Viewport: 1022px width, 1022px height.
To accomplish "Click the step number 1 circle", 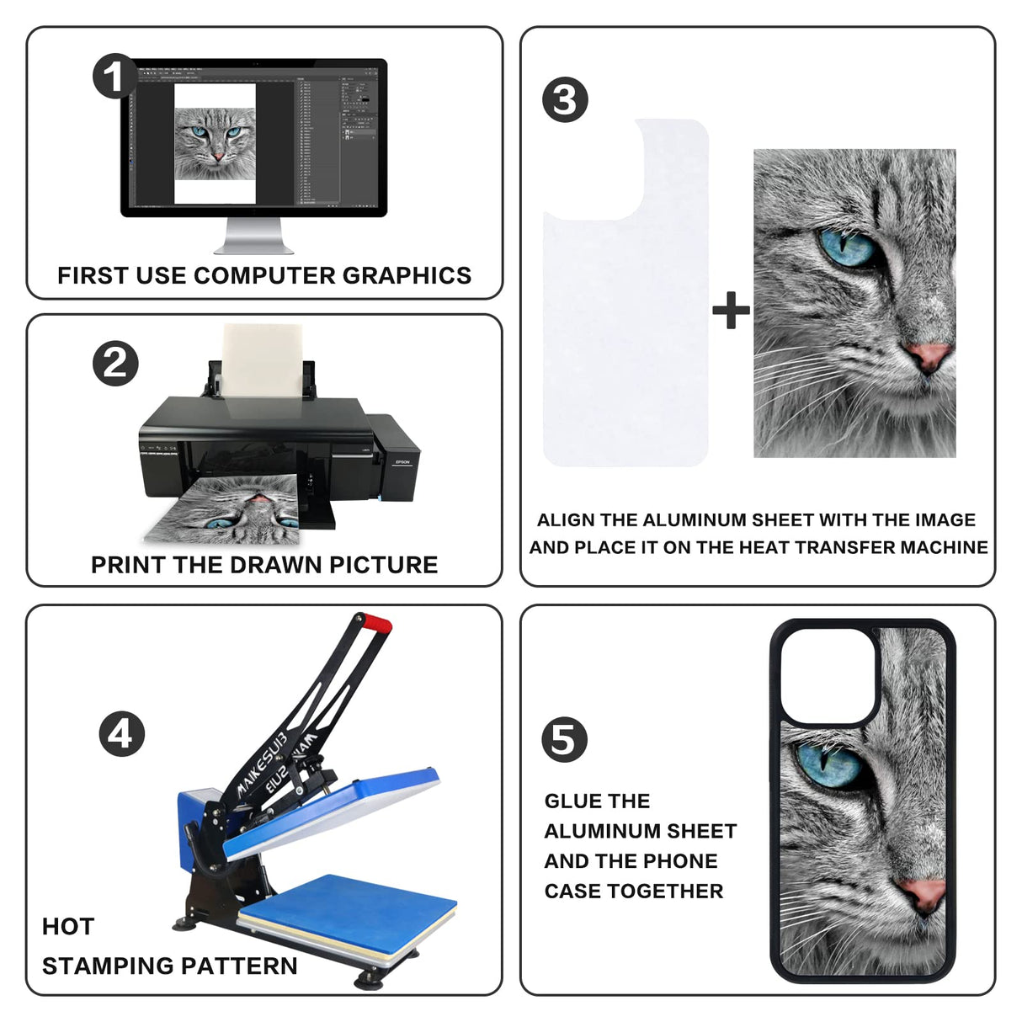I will click(x=114, y=77).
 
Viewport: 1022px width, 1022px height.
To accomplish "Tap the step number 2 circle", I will click(x=115, y=364).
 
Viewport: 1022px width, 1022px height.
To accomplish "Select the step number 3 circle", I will click(x=565, y=100).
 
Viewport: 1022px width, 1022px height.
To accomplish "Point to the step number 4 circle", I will click(x=122, y=734).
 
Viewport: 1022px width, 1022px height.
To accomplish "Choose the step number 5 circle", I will click(x=564, y=740).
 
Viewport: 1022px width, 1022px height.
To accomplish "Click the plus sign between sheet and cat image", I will click(x=731, y=311).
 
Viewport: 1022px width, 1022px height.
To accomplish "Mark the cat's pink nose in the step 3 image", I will click(x=929, y=355).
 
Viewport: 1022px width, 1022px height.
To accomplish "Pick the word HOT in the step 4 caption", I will click(x=68, y=927).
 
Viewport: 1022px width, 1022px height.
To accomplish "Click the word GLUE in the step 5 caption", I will click(x=572, y=801).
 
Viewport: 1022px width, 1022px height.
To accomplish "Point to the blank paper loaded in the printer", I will click(x=262, y=360).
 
